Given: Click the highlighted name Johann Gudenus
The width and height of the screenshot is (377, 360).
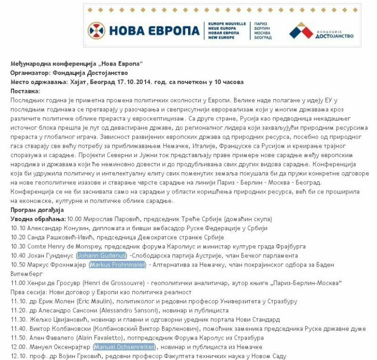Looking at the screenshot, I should coord(102,255).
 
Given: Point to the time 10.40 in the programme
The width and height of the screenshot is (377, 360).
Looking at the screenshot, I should coord(17,255).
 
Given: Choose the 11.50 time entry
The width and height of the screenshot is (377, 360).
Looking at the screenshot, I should coord(17,338).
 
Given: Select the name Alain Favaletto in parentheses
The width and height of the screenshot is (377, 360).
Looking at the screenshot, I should coord(99,338).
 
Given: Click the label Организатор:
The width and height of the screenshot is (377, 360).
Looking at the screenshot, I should coord(27,73).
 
